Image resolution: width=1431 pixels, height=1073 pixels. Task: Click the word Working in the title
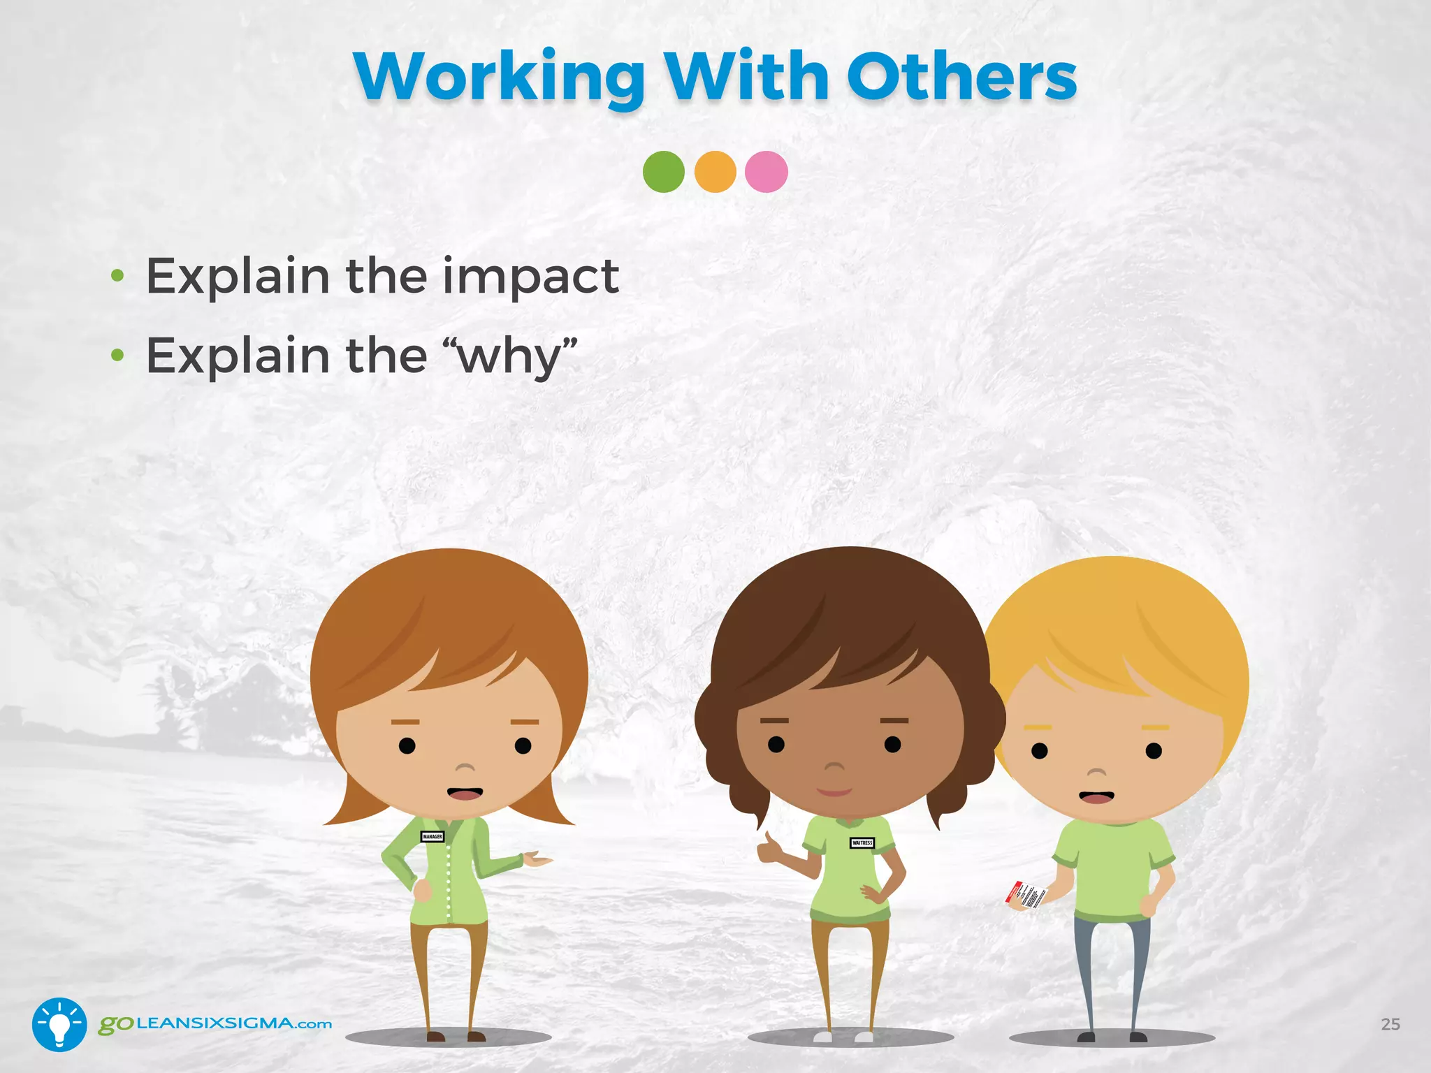coord(499,78)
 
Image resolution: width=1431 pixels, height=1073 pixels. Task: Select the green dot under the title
coord(663,172)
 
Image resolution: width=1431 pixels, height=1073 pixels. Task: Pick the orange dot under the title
coord(715,172)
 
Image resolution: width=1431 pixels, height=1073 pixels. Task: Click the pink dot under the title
coord(767,172)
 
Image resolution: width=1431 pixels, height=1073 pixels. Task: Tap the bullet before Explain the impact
coord(117,277)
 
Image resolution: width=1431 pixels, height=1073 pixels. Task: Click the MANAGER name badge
coord(432,836)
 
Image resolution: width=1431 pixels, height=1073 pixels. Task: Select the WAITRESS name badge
coord(862,842)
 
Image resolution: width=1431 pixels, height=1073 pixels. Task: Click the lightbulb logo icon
coord(59,1024)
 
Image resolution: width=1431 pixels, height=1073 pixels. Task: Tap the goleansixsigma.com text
coord(215,1024)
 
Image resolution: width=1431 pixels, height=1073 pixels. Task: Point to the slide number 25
coord(1390,1024)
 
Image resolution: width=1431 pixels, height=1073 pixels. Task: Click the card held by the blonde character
coord(1026,896)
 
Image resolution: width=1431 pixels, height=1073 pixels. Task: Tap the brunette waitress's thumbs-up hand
coord(769,849)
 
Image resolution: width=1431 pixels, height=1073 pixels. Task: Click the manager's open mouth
coord(465,794)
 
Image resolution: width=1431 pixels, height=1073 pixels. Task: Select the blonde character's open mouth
coord(1096,797)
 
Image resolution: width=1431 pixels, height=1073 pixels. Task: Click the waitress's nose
coord(834,767)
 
